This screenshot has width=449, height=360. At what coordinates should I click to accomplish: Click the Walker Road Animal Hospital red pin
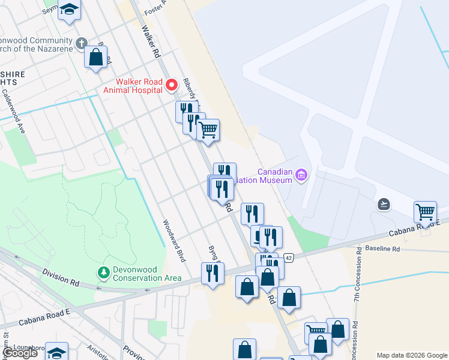(171, 85)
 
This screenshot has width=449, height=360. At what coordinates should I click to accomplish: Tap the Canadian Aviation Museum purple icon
(301, 175)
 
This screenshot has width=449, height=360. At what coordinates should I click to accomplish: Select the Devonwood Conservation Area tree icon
(104, 273)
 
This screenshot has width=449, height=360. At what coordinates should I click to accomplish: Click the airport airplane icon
(384, 205)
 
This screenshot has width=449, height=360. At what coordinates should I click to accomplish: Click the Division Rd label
(61, 277)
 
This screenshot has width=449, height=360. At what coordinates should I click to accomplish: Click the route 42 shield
(289, 257)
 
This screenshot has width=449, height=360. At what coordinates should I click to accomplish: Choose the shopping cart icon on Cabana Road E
(425, 212)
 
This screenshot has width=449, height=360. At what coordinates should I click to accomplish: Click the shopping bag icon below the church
(95, 58)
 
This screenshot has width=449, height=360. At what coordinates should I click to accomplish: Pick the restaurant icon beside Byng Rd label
(212, 274)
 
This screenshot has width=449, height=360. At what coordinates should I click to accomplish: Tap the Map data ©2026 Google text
(412, 355)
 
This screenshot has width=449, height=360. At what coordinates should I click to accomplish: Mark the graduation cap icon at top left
(70, 10)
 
